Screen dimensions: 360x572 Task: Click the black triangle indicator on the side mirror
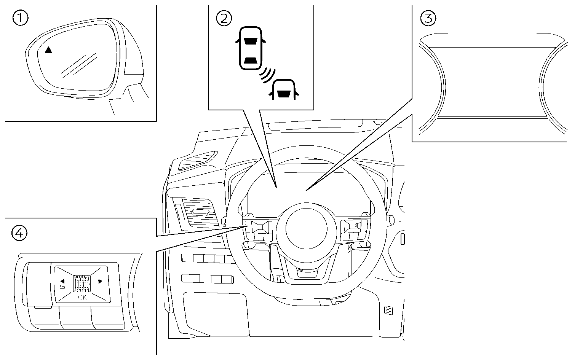coord(48,50)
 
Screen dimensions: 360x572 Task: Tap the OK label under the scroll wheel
coord(82,297)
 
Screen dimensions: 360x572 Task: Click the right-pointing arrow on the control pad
coord(100,282)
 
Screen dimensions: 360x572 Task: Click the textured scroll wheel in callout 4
coord(82,283)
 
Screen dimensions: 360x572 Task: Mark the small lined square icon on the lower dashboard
coord(388,310)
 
